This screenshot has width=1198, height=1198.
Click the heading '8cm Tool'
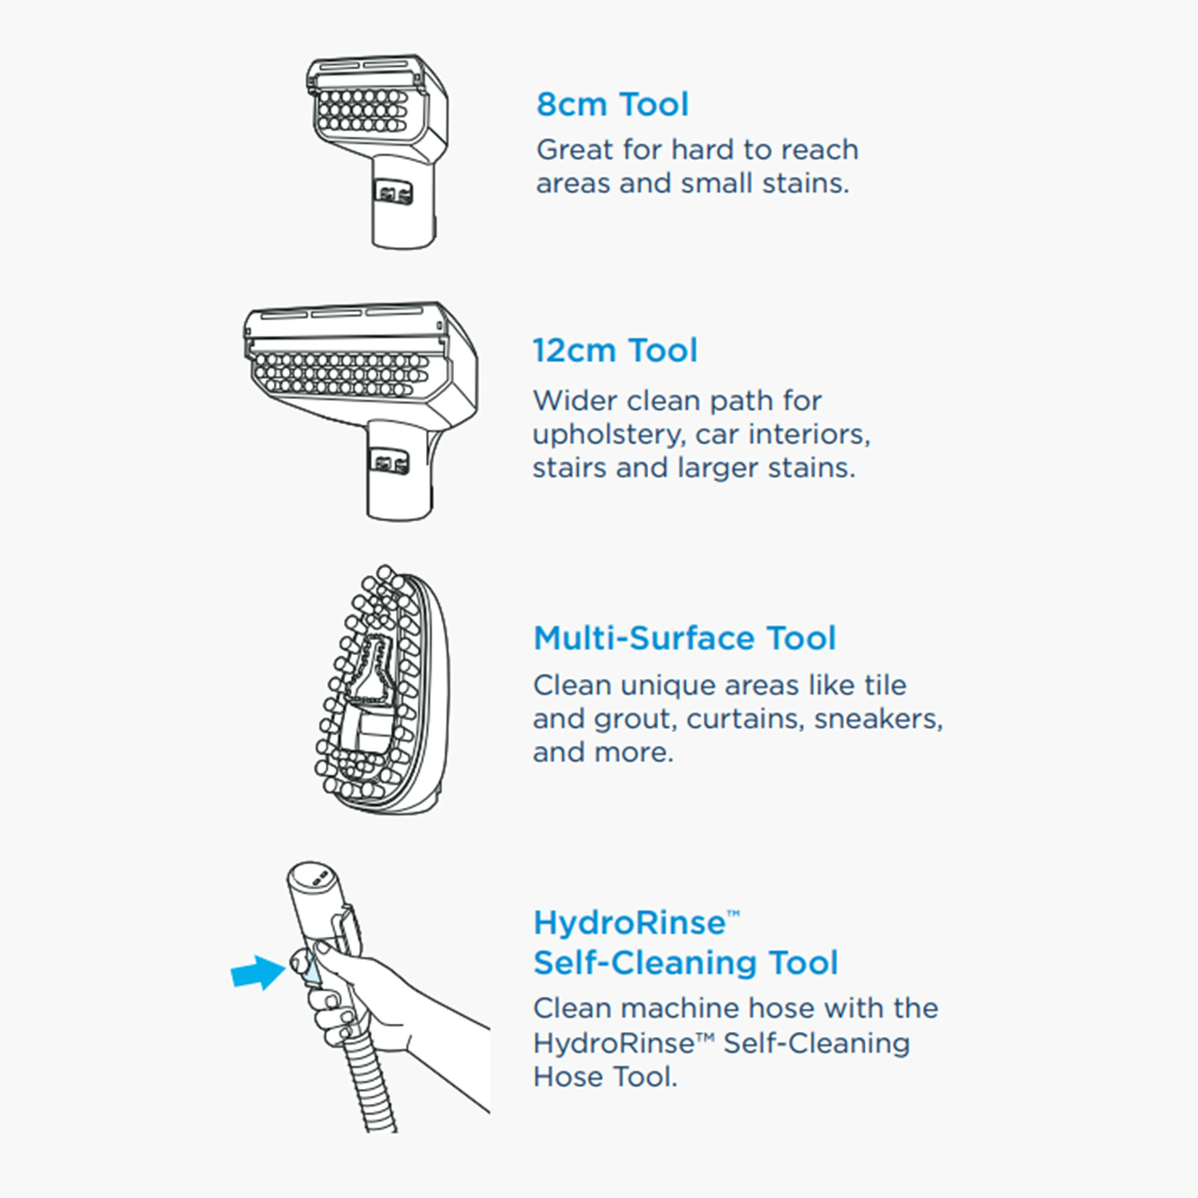tap(612, 104)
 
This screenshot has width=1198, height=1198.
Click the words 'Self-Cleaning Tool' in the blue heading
tap(685, 963)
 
